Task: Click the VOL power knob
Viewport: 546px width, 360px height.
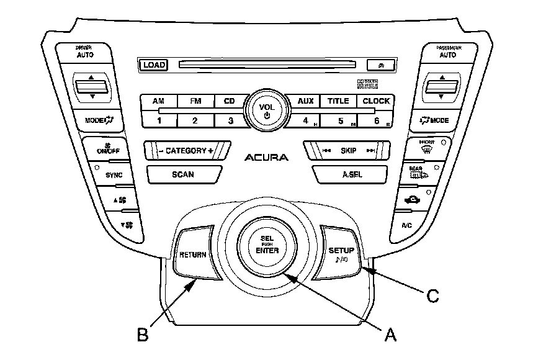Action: [266, 110]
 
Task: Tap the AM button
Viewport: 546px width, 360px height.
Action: [159, 101]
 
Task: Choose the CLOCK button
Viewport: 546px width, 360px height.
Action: [376, 101]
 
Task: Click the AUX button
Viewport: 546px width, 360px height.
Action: [305, 101]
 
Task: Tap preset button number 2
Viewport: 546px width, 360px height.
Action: [194, 120]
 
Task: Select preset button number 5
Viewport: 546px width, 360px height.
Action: [341, 120]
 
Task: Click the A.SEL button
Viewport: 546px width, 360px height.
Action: [348, 174]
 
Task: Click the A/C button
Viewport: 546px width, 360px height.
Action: [407, 225]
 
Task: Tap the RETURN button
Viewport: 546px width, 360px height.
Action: [193, 254]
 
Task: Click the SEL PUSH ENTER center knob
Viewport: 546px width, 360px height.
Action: [267, 246]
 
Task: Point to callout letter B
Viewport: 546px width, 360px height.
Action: [143, 335]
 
